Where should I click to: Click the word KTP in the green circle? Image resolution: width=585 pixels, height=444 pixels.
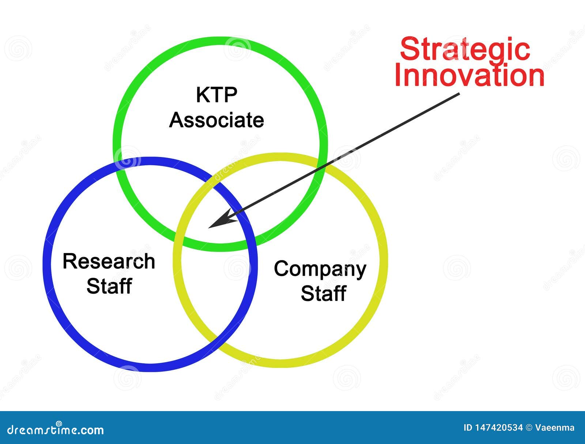[x=217, y=95]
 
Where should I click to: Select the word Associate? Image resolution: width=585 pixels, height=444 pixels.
[x=216, y=120]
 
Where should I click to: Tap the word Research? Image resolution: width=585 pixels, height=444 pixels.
[x=109, y=261]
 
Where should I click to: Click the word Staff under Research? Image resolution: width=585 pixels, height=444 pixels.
[x=109, y=286]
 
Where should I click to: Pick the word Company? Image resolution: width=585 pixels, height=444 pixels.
[x=320, y=270]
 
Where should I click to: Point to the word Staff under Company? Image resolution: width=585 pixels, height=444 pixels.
[x=324, y=293]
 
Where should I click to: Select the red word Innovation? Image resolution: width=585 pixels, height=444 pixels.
[x=469, y=76]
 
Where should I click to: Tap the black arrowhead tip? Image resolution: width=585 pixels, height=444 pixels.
[x=208, y=228]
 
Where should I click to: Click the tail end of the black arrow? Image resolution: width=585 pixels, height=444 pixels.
[x=460, y=93]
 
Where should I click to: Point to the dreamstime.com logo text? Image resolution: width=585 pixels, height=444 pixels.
[x=55, y=430]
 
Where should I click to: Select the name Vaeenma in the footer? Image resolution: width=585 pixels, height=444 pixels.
[x=555, y=428]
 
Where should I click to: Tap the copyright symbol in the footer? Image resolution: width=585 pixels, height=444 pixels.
[x=529, y=428]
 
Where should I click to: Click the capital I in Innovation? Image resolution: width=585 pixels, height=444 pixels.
[x=398, y=76]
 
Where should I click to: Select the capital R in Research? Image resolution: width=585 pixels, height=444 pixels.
[x=70, y=261]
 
